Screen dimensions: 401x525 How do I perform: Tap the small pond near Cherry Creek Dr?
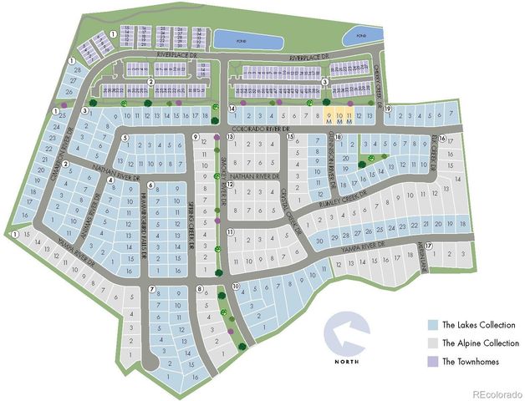tap(361, 38)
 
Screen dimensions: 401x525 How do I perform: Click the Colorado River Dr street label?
tap(259, 129)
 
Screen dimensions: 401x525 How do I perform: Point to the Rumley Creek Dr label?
tap(343, 197)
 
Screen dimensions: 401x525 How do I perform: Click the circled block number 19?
tap(388, 109)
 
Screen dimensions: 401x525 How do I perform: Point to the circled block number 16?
tap(442, 138)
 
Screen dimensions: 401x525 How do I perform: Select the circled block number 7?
tap(151, 290)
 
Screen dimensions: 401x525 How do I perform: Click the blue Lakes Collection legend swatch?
tap(431, 325)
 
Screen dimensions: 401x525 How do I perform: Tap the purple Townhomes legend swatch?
tap(431, 361)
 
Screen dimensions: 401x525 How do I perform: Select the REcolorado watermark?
tap(497, 393)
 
